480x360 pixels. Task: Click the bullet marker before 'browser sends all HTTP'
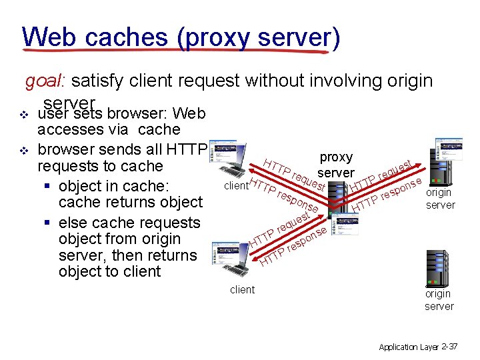coord(26,149)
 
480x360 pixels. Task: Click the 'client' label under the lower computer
coord(241,289)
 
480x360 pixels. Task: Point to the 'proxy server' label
coord(336,165)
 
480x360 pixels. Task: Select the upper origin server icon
coord(447,161)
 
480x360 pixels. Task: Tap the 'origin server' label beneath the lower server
coord(439,300)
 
